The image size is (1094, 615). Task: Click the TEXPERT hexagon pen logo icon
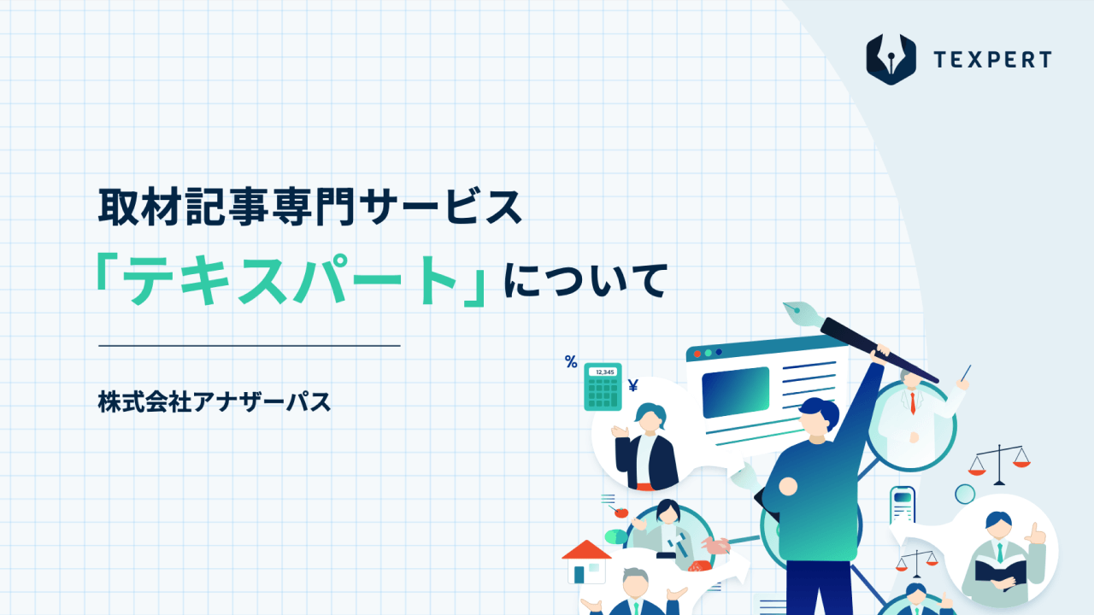point(891,59)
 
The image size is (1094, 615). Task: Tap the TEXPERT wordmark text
point(992,60)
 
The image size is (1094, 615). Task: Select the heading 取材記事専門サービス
point(310,208)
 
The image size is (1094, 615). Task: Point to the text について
point(585,280)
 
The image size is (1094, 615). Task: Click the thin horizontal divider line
point(249,346)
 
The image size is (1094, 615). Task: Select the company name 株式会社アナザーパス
point(215,401)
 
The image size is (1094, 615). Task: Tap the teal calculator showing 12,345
point(603,387)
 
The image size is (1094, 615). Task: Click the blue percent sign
point(571,361)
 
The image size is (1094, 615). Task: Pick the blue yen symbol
point(633,385)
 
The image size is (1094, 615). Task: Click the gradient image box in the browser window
point(736,392)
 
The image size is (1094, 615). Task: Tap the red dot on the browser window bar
point(697,354)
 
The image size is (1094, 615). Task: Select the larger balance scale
point(999,465)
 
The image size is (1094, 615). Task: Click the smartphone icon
point(902,506)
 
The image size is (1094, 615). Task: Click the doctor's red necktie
point(913,403)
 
